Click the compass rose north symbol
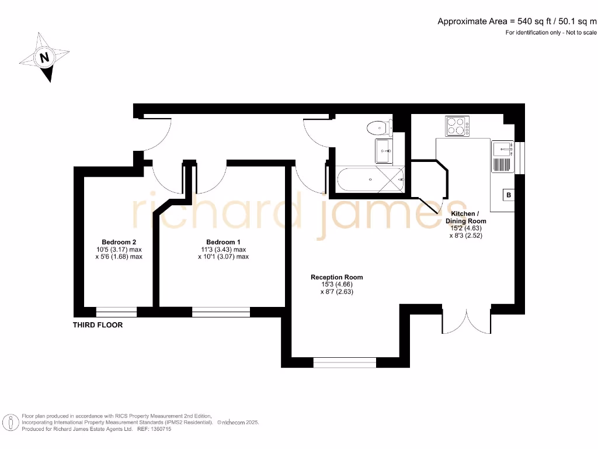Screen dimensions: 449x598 click(44, 57)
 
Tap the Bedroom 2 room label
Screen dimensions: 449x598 click(119, 242)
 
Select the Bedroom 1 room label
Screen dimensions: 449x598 click(223, 242)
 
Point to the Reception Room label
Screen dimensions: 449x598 click(336, 277)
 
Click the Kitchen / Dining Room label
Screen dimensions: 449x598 click(465, 217)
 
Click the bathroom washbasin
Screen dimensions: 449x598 click(384, 151)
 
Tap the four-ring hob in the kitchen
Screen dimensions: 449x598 click(458, 126)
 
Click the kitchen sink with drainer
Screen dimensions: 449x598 click(502, 156)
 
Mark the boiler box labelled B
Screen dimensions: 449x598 click(509, 195)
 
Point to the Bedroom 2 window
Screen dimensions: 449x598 click(116, 312)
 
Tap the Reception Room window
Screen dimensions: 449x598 click(345, 362)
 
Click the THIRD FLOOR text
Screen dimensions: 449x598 click(98, 324)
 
